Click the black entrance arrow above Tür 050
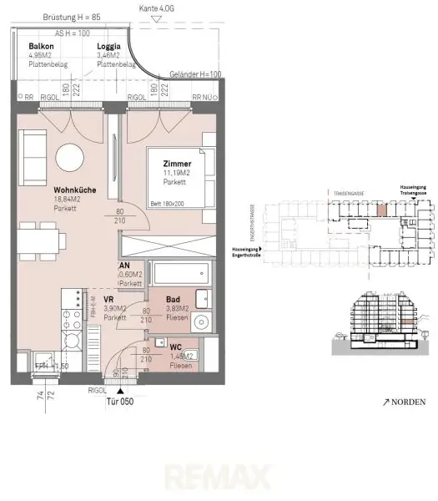coord(121,389)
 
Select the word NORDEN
coord(410,402)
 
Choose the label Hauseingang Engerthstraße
coord(244,250)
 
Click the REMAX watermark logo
coord(219,480)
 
